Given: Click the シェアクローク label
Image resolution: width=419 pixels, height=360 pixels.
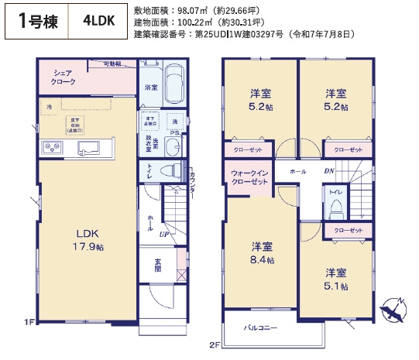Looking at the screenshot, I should [64, 77].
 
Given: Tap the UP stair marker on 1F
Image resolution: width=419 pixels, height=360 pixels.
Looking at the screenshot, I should [164, 234].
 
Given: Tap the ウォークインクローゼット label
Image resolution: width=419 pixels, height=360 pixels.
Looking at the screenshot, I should [248, 177].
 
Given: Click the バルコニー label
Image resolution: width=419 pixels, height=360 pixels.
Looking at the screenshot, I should [262, 328].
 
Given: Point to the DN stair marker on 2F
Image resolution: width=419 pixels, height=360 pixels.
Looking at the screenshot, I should [328, 170].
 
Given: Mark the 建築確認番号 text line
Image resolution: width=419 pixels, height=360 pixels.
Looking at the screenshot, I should [244, 34].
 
